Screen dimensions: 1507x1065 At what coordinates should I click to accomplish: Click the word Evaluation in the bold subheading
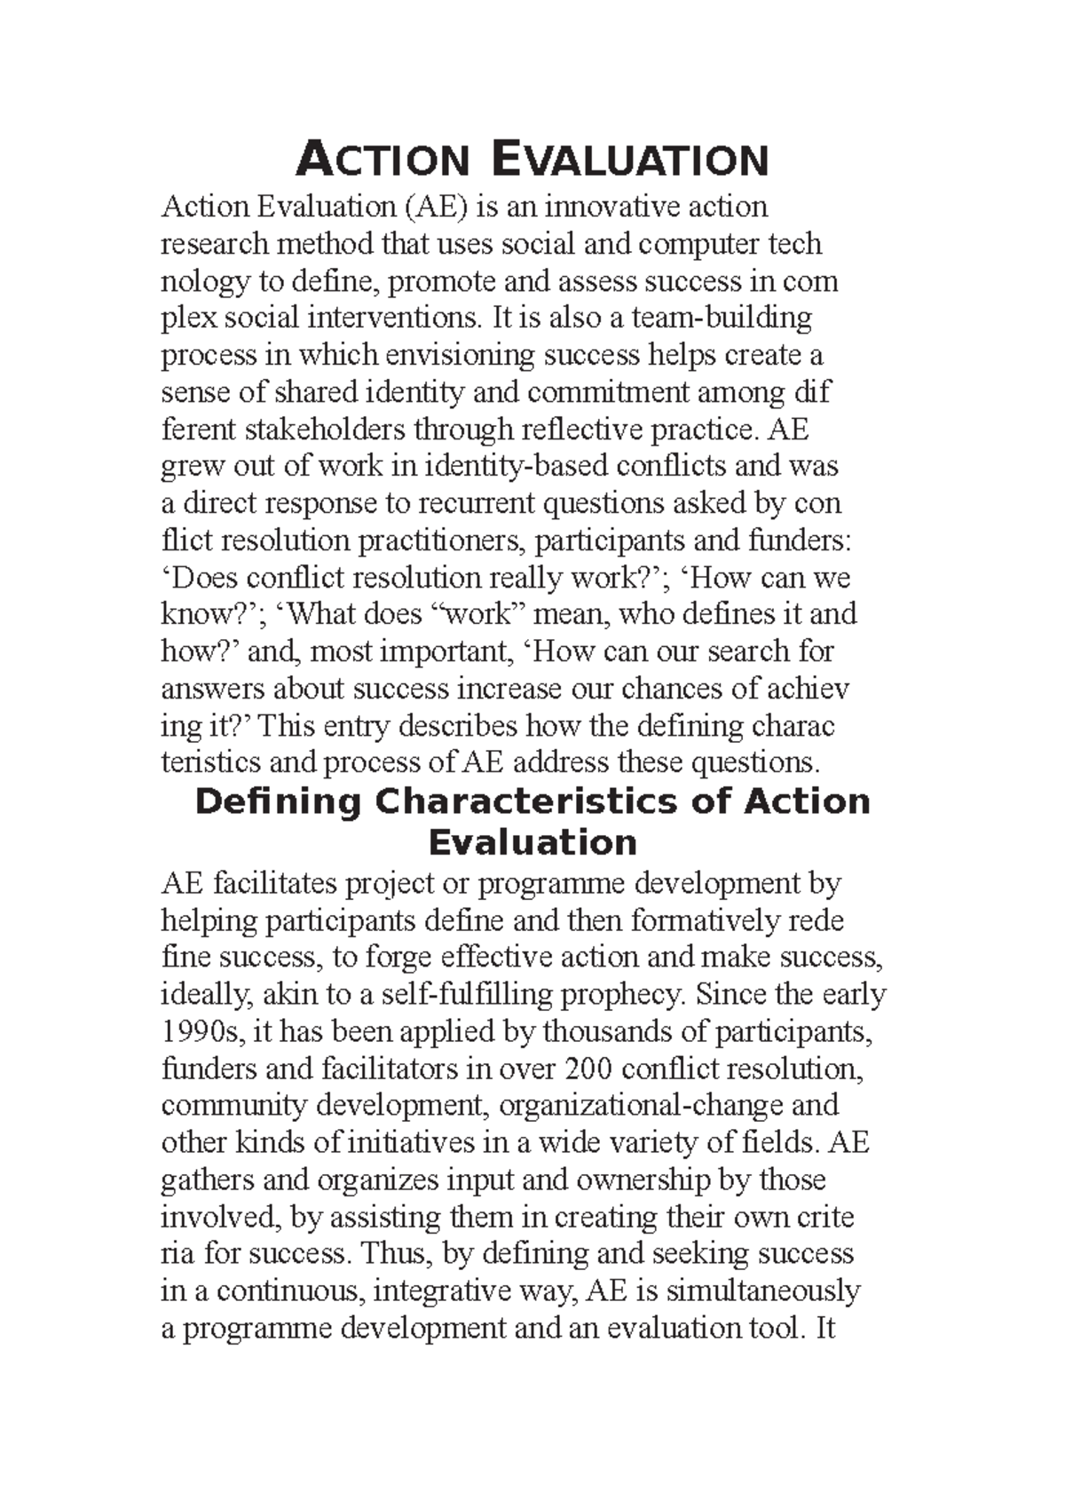pos(532,842)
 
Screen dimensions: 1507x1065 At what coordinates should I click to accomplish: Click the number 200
pos(588,1069)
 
